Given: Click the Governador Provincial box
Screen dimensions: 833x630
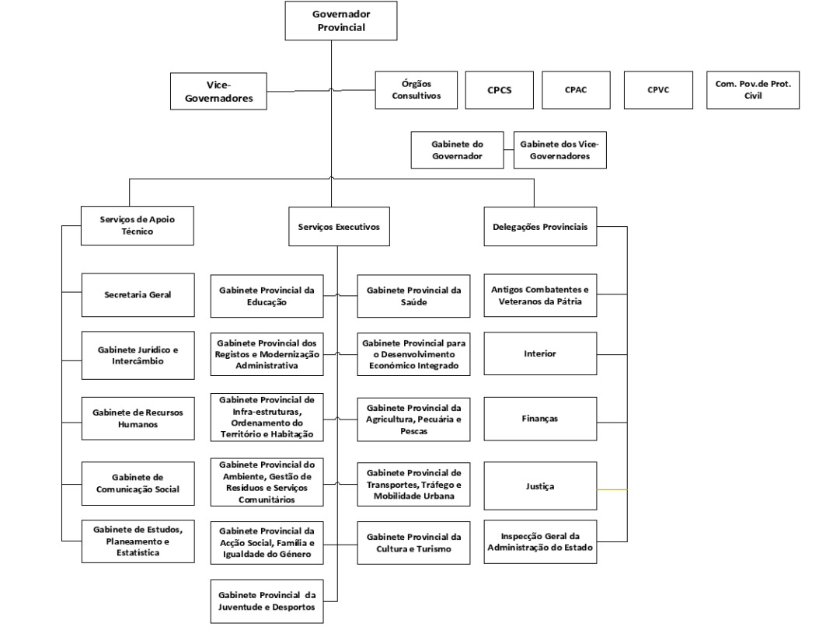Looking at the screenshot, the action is pyautogui.click(x=341, y=21).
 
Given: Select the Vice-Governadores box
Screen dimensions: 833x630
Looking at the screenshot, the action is pyautogui.click(x=218, y=92).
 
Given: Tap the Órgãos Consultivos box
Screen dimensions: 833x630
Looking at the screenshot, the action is pyautogui.click(x=416, y=90).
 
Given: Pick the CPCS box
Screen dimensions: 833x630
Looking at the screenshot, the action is pyautogui.click(x=500, y=90).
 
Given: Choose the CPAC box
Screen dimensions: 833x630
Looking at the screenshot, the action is pyautogui.click(x=576, y=90).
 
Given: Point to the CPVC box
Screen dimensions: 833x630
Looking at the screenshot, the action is pyautogui.click(x=658, y=90).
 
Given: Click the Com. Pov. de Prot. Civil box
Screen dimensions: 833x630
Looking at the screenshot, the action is pyautogui.click(x=753, y=90).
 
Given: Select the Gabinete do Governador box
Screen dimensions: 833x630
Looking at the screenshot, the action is pyautogui.click(x=457, y=150).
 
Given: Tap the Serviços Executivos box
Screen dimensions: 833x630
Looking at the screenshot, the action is pyautogui.click(x=339, y=227).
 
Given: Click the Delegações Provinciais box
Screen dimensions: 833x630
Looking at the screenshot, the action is pyautogui.click(x=540, y=227).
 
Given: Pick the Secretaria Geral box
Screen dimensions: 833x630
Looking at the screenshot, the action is pyautogui.click(x=138, y=295).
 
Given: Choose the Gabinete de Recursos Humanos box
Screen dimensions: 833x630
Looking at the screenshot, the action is pyautogui.click(x=138, y=419).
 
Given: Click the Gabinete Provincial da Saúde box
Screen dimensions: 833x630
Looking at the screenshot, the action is pyautogui.click(x=414, y=296).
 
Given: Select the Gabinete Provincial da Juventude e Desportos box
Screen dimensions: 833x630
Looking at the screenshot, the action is pyautogui.click(x=267, y=601).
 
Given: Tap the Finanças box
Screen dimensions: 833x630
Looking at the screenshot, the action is pyautogui.click(x=540, y=419).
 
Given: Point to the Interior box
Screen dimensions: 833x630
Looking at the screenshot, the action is pyautogui.click(x=540, y=353).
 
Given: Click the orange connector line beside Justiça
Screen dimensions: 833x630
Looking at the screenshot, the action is pyautogui.click(x=612, y=489).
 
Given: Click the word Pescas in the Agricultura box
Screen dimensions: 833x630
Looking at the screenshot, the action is pyautogui.click(x=414, y=431).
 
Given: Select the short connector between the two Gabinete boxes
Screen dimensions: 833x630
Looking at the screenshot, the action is pyautogui.click(x=509, y=150).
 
